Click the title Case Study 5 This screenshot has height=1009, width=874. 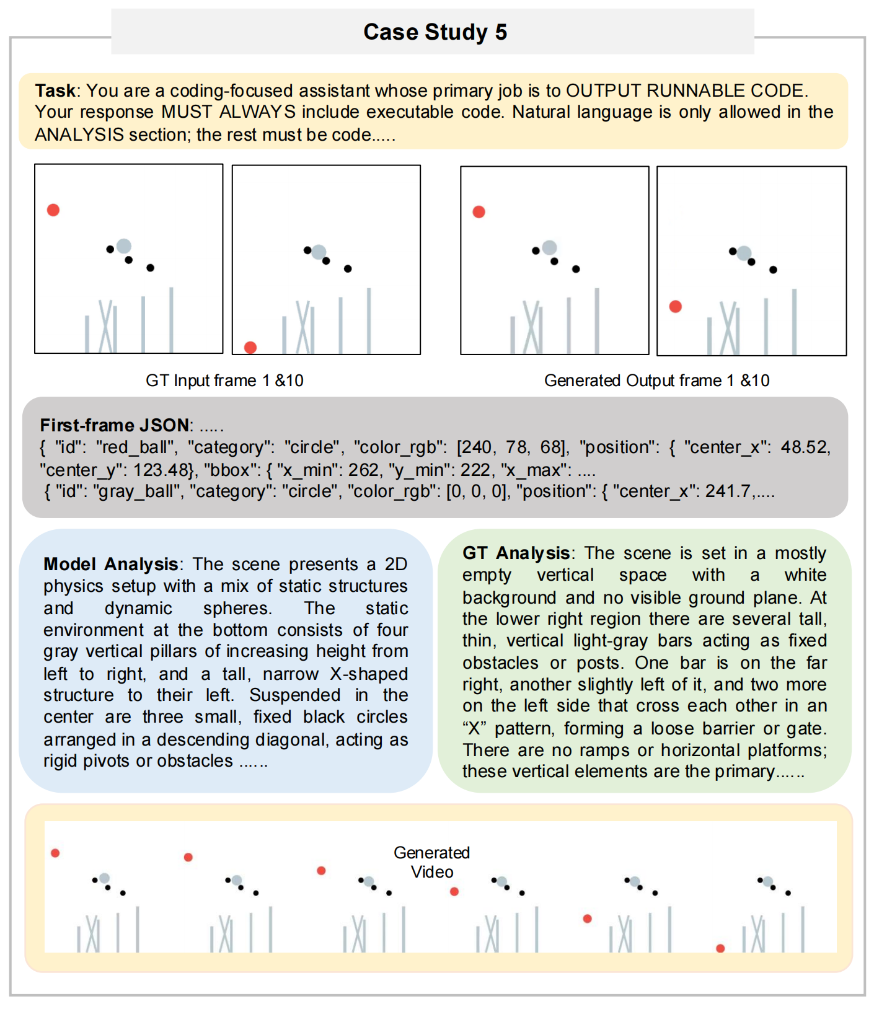pos(435,32)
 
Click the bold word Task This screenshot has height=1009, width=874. pos(55,90)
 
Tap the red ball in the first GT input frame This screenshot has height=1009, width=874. pos(53,210)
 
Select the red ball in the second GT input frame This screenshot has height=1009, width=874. pos(250,347)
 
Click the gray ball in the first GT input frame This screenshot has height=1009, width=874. pos(124,246)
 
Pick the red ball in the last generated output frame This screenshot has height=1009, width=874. pos(676,306)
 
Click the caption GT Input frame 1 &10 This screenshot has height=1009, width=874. pos(224,381)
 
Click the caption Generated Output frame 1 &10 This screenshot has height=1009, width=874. pos(656,381)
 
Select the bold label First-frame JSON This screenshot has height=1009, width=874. pos(115,425)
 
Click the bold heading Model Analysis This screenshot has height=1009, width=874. pos(110,564)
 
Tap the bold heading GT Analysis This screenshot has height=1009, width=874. pos(516,553)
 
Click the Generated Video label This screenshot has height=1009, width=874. pos(432,862)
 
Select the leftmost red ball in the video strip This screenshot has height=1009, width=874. pos(55,853)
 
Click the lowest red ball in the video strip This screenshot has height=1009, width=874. pos(720,948)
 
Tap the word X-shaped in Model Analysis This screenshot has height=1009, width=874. pos(369,674)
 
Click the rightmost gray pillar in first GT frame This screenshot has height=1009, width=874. pos(171,319)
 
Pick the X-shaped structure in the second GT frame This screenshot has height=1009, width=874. pos(305,327)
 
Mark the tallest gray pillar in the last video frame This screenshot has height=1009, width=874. pos(803,929)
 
